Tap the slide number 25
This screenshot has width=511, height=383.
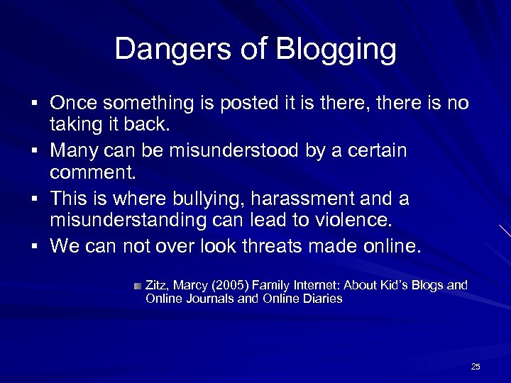point(476,367)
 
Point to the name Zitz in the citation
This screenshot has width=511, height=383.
point(157,285)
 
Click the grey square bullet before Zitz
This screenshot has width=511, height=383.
point(137,285)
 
